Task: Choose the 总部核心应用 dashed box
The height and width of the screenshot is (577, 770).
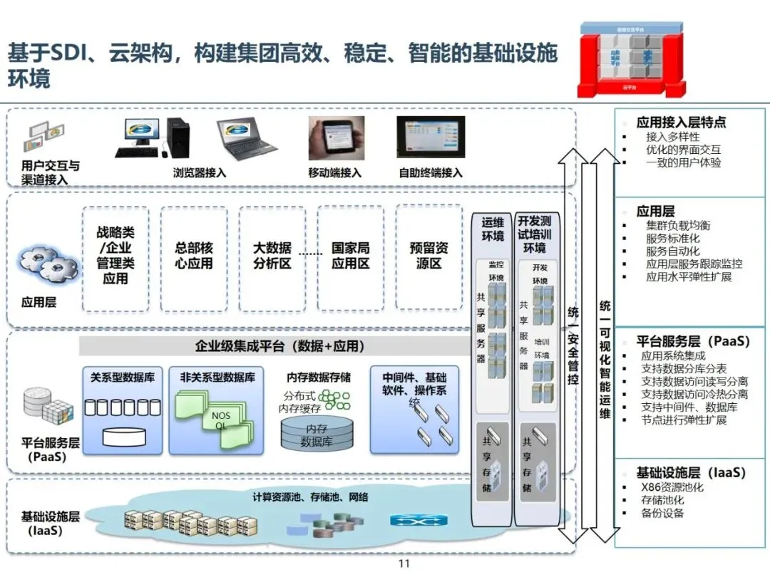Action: coord(194,258)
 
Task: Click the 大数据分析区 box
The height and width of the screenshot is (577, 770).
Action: coord(272,258)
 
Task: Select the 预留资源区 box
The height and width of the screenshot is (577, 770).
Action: coord(429,258)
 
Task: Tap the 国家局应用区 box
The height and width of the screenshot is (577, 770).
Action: coord(351,258)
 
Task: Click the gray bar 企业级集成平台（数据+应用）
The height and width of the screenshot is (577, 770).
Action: coord(279,347)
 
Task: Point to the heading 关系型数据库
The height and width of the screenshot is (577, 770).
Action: coord(123,377)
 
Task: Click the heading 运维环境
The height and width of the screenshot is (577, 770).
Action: coord(493,229)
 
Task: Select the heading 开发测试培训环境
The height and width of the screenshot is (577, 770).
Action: coord(534,234)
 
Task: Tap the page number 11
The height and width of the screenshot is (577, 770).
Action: coord(404,563)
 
